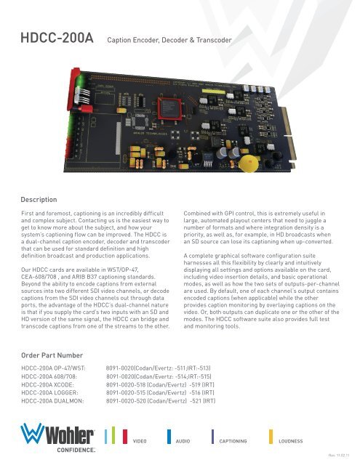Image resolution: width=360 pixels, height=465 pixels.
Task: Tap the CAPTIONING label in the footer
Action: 239,441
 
